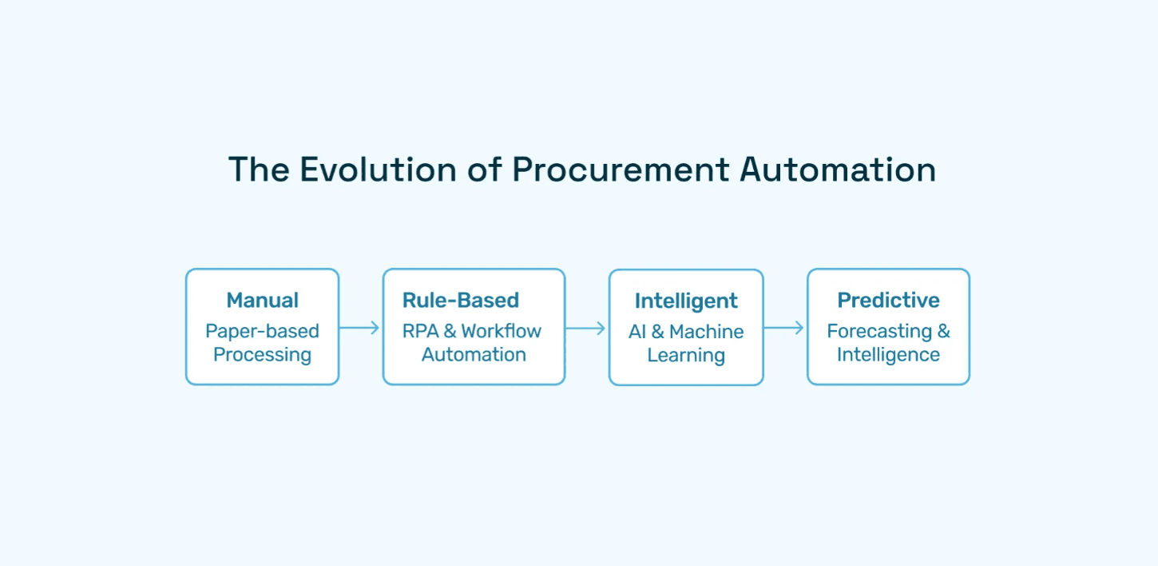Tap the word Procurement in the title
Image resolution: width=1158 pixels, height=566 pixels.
pyautogui.click(x=621, y=169)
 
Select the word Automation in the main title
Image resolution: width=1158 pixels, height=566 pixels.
pyautogui.click(x=838, y=169)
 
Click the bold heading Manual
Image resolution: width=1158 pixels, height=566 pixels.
pyautogui.click(x=262, y=301)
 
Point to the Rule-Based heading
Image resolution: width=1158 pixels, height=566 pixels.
pyautogui.click(x=461, y=301)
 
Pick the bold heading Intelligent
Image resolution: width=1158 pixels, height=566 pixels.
pyautogui.click(x=686, y=301)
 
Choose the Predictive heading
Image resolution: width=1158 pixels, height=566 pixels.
pyautogui.click(x=888, y=301)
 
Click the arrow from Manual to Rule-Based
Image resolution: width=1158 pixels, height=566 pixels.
pyautogui.click(x=360, y=327)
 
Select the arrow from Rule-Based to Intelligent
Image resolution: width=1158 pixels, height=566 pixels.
pyautogui.click(x=586, y=328)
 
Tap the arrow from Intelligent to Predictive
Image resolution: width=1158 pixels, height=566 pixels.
pyautogui.click(x=784, y=327)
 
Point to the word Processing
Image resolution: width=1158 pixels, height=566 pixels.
pyautogui.click(x=262, y=355)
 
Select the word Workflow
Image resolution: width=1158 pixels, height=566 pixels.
pyautogui.click(x=501, y=331)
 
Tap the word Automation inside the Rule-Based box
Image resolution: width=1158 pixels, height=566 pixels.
pyautogui.click(x=474, y=355)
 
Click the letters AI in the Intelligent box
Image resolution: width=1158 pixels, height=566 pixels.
pyautogui.click(x=637, y=332)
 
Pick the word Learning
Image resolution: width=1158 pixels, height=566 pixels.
pyautogui.click(x=686, y=356)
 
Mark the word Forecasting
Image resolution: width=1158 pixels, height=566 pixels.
pyautogui.click(x=879, y=331)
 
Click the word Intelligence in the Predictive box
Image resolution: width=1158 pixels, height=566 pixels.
pyautogui.click(x=888, y=355)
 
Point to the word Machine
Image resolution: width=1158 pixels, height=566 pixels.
pyautogui.click(x=707, y=332)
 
